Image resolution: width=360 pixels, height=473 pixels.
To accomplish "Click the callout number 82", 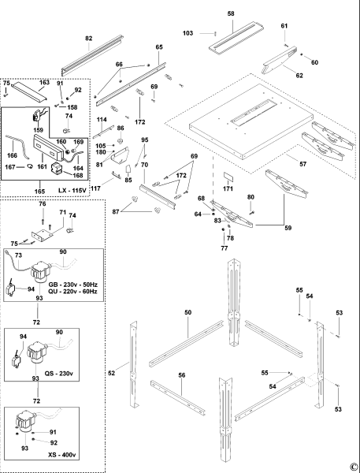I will coord(88,38).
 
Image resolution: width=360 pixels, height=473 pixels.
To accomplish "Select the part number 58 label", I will coord(231,14).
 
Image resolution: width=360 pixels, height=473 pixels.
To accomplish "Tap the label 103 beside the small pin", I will coord(187,33).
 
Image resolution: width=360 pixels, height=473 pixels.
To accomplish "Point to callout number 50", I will coord(188,314).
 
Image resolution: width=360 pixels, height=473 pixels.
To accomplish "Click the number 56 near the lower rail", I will coord(182,376).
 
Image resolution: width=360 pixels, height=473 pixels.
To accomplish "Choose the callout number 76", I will coord(43,204).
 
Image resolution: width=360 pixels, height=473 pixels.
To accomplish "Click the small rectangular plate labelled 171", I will coord(228,179).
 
